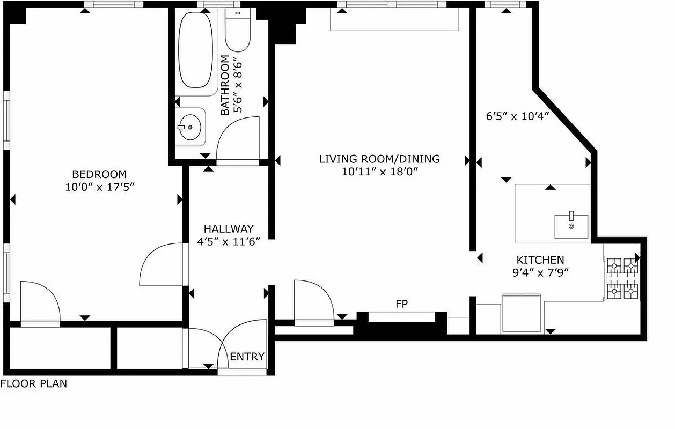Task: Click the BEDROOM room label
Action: coord(99,174)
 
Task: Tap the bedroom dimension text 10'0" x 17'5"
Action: coord(99,187)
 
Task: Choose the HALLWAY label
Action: coord(228,228)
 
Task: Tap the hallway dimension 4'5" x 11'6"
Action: coord(228,241)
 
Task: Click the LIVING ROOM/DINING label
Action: coord(379,159)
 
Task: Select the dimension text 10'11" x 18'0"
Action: coord(379,172)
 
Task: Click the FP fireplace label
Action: coord(402,304)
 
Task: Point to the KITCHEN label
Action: coord(540,260)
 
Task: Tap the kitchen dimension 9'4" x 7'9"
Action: coord(540,272)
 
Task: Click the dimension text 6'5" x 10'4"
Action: coord(517,116)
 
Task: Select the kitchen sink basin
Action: coord(571,226)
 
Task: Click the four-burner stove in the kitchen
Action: coord(622,278)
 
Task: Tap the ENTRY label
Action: coord(247,357)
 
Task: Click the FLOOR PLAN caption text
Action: coord(34,384)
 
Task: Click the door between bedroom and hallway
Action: coord(161,265)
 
